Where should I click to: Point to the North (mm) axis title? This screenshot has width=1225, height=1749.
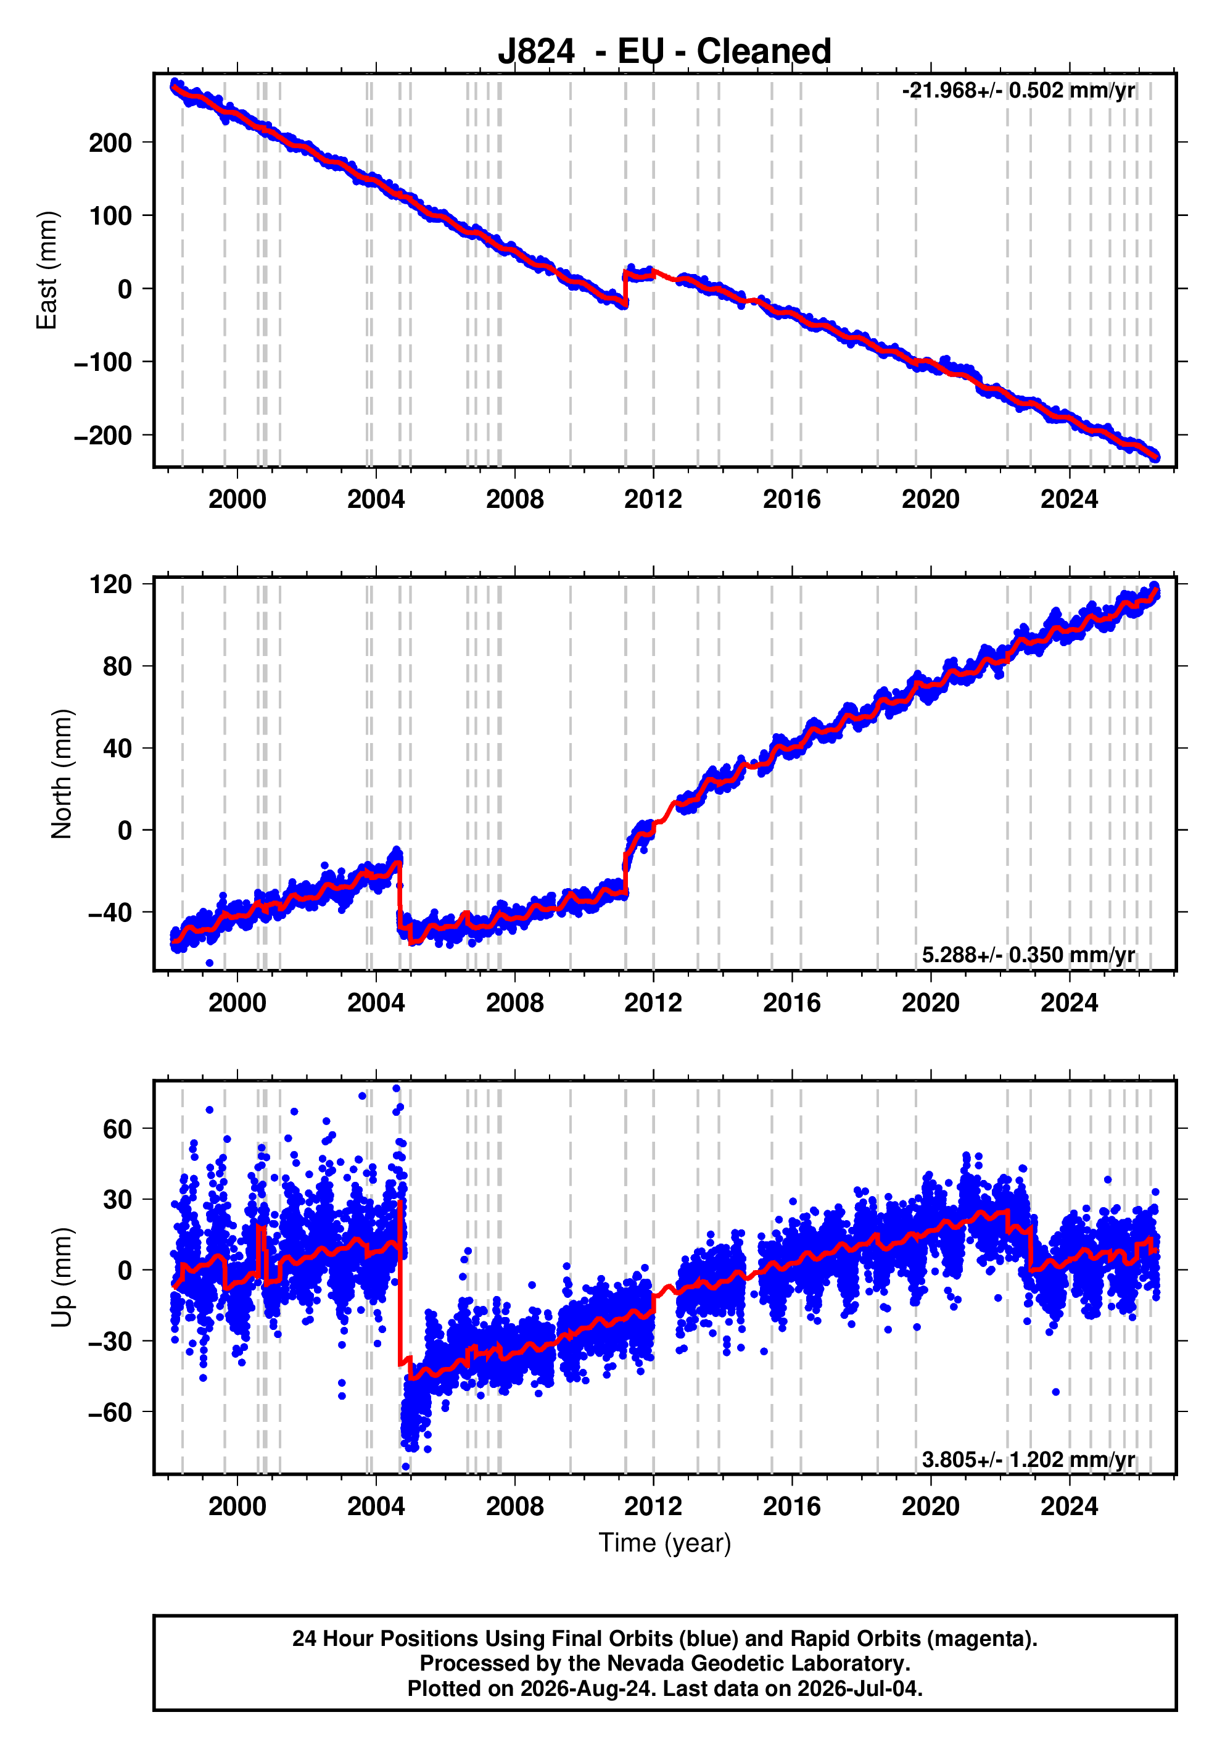pos(62,774)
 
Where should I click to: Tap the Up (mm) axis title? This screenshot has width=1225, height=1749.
pos(62,1277)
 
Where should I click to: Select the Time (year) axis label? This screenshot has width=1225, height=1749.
pos(665,1542)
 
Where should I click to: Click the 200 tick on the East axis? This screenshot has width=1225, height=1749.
pos(110,143)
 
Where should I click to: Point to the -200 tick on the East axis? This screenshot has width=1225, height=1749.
pos(103,436)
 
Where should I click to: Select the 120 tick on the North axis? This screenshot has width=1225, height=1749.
pos(110,584)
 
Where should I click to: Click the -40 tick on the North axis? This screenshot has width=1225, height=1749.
pos(110,912)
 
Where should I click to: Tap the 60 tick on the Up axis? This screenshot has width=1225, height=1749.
pos(117,1129)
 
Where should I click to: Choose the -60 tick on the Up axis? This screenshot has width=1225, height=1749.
pos(110,1412)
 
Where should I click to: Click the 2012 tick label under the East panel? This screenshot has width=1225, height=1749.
pos(653,500)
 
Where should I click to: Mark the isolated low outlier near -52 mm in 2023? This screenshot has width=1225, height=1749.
pos(1056,1392)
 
